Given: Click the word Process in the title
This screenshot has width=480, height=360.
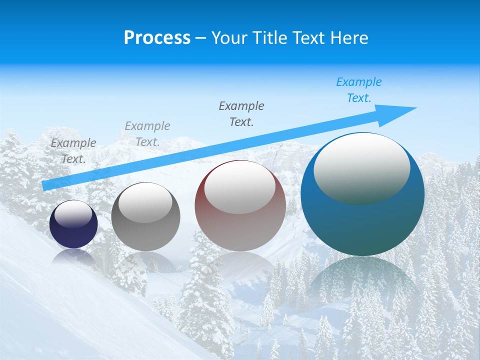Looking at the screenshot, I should tap(157, 38).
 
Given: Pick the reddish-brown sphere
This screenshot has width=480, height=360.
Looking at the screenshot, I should tap(240, 230).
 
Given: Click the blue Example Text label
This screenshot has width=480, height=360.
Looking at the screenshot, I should tap(358, 90).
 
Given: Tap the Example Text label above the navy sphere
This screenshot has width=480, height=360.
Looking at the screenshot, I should tap(73, 151).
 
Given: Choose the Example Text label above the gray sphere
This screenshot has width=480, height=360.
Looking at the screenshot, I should tap(147, 134).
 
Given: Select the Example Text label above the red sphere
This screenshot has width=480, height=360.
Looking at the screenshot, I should tap(241, 113).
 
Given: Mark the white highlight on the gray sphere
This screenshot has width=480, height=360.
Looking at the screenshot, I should tap(145, 202).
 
